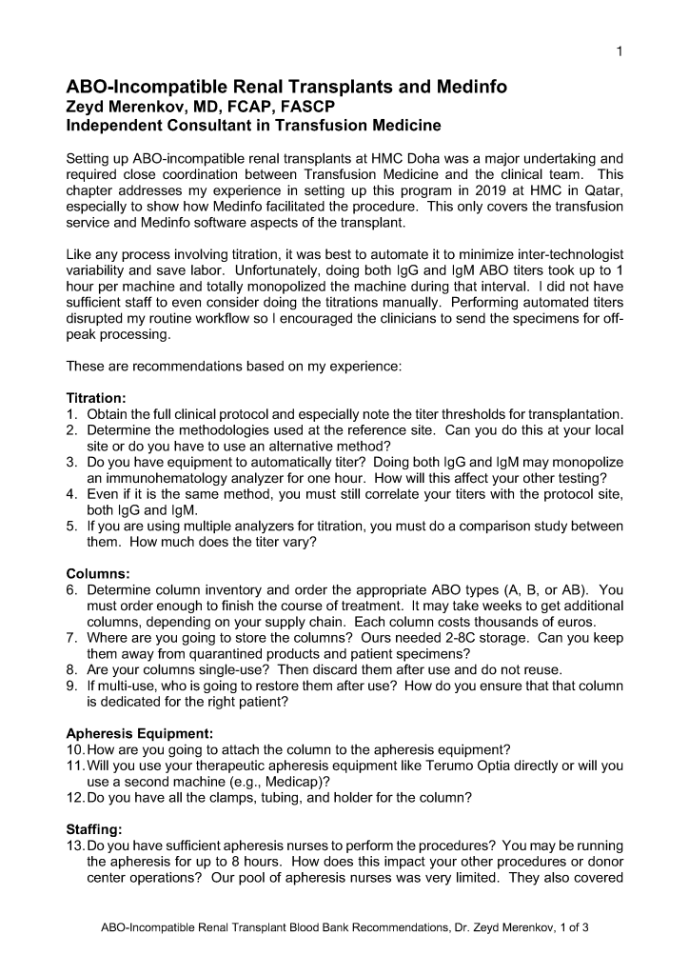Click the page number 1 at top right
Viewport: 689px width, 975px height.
tap(620, 51)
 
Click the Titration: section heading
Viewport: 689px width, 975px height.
tap(96, 397)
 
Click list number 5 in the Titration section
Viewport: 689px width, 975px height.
tap(71, 527)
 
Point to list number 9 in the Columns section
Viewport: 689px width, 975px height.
tap(71, 686)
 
